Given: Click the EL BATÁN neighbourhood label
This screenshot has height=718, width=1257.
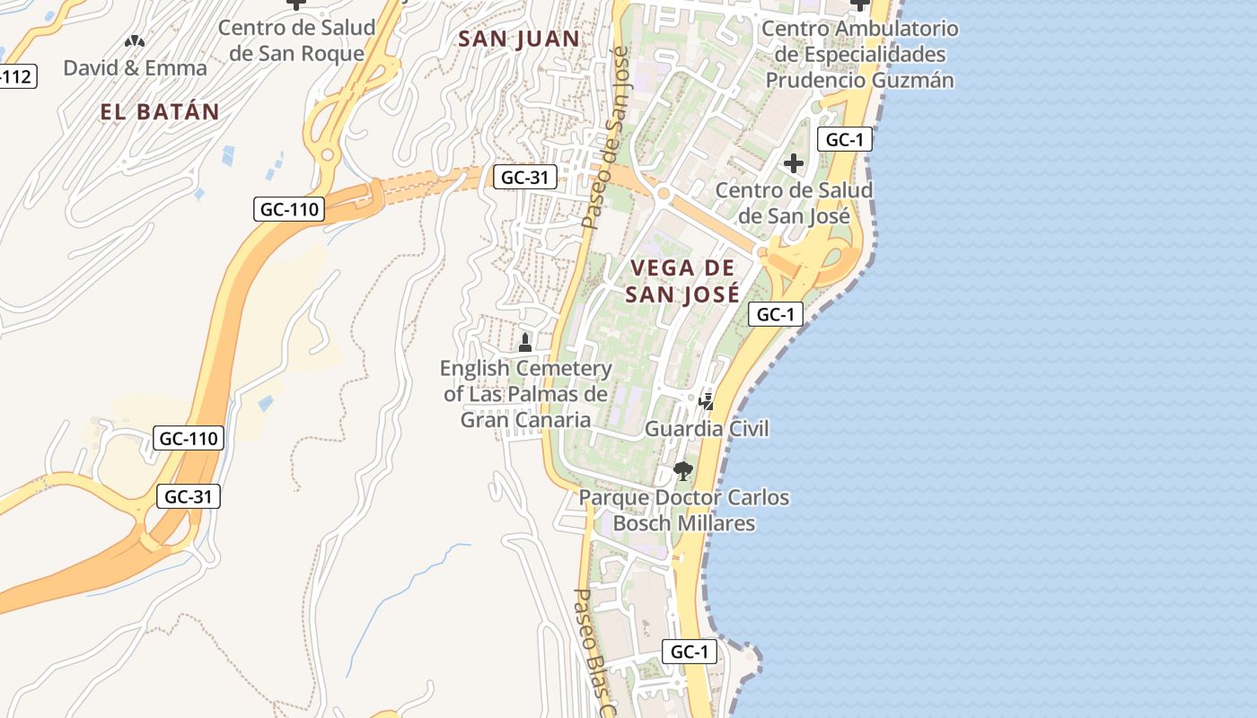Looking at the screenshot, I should coord(160,112).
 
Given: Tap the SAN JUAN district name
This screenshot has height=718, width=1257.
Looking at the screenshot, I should coord(519,39).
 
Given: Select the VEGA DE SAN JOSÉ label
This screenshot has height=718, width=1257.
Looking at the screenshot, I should coord(682,281).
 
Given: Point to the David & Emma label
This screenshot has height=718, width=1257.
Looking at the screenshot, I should coord(135,68).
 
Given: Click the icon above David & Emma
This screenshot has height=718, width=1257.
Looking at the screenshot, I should coord(135,41).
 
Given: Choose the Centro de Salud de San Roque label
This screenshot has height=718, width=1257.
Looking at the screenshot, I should coord(296,40).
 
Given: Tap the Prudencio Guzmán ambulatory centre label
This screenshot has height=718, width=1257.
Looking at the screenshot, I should coord(859,55).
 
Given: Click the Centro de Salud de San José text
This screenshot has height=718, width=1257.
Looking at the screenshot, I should coord(794,204).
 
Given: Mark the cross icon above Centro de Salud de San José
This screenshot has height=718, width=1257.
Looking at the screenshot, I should coord(794,163).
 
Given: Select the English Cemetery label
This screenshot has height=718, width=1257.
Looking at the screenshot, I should coord(525,394).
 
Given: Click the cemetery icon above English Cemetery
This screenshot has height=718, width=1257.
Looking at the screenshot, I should coord(525,342).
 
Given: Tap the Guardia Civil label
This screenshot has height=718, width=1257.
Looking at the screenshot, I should coord(707,429).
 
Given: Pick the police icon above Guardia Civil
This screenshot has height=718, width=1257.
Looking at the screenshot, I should coord(707,401).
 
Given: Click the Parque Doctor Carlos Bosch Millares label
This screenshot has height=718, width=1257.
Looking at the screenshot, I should coord(684,510).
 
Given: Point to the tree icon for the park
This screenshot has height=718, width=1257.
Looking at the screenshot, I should coord(683,470).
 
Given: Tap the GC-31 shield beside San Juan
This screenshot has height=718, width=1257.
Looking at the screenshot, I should coord(524,177).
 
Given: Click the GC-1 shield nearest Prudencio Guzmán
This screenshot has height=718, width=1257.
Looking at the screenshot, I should coord(844,139).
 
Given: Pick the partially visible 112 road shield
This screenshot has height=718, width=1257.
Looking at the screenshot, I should coord(16,77).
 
